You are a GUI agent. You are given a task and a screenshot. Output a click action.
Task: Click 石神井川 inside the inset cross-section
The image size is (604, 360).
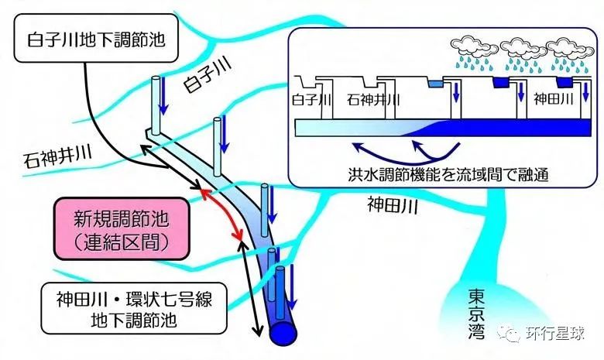374,99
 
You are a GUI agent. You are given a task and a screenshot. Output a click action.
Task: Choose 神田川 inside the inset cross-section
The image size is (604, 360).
554,99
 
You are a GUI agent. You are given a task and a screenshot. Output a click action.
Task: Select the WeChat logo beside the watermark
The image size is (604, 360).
512,334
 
